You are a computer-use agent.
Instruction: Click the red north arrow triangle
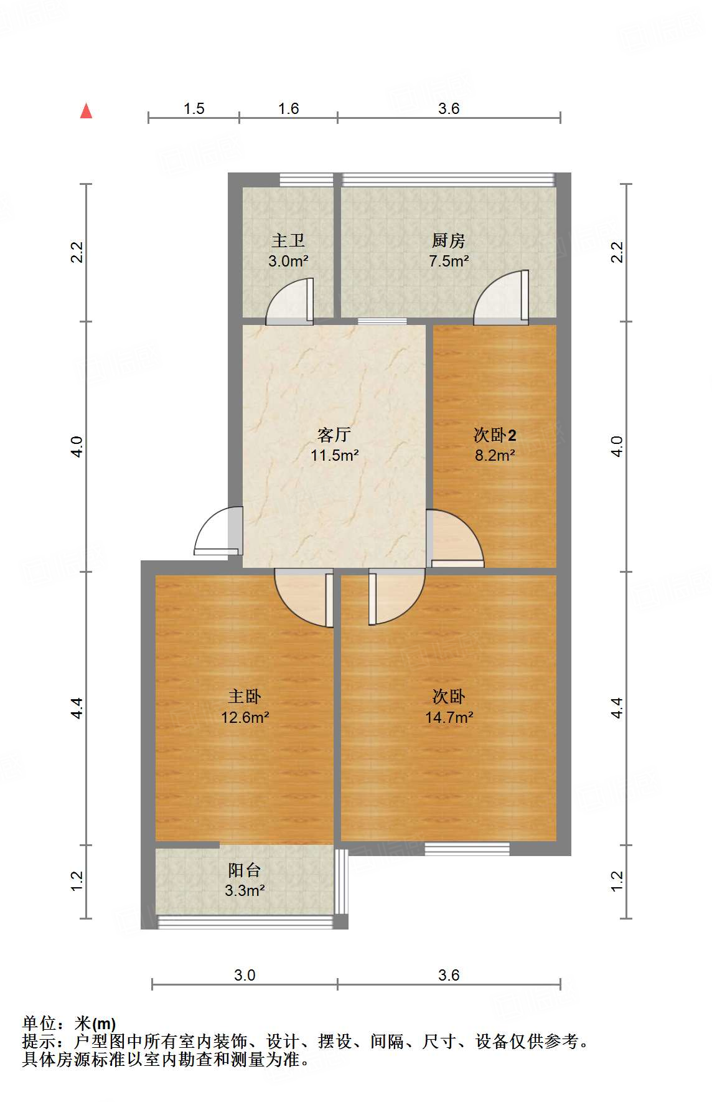pos(87,111)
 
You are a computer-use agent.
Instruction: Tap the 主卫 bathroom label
pos(288,240)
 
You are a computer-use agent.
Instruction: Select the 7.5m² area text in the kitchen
pos(449,261)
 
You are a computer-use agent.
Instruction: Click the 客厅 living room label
pos(334,435)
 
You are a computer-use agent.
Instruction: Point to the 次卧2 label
pos(495,435)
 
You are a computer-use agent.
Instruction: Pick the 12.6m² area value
pos(245,717)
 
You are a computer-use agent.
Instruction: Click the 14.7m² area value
pos(449,717)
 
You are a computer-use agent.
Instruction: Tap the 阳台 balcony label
pos(245,870)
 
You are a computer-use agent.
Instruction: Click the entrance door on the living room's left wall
pos(215,533)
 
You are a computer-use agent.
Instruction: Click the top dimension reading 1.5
pos(194,108)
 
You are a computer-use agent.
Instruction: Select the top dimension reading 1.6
pos(288,108)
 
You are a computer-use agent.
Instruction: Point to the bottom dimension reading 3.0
pos(245,975)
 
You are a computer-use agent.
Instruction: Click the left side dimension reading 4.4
pos(77,708)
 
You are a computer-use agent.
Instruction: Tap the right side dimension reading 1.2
pos(617,880)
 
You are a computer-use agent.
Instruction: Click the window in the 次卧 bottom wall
pos(467,849)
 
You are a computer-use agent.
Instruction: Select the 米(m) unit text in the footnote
pos(95,1024)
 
